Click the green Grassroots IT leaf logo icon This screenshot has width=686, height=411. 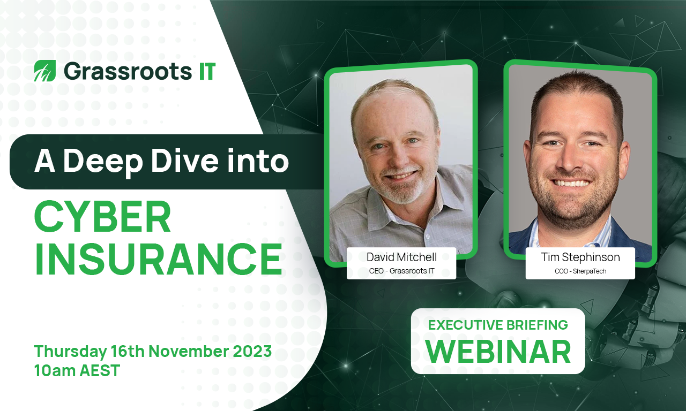point(44,71)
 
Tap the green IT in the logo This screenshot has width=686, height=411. point(204,71)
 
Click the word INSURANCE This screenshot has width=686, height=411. point(158,260)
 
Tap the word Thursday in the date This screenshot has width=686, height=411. point(70,352)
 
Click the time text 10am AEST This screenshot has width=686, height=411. point(77,370)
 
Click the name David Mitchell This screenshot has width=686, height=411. point(401,257)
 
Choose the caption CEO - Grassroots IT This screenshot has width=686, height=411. point(401,271)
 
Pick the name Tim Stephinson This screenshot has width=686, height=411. point(580,257)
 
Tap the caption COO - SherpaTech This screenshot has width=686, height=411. point(580,271)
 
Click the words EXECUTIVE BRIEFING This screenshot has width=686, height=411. point(497,324)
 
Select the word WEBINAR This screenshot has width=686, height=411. point(498,351)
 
